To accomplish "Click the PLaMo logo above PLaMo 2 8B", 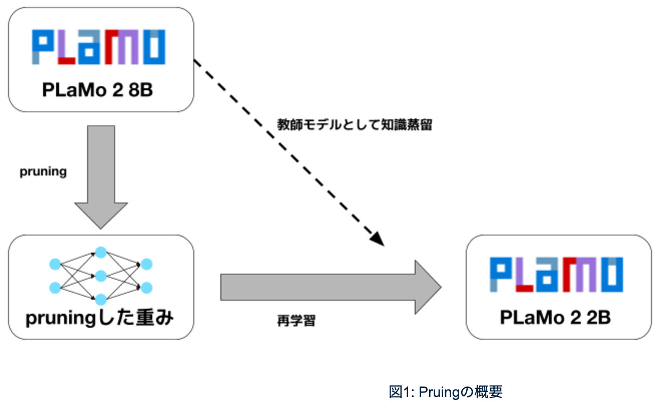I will (x=99, y=47).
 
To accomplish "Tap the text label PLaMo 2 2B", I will (x=555, y=318).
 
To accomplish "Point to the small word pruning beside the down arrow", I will (x=43, y=172).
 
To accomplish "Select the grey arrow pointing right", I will (x=331, y=287).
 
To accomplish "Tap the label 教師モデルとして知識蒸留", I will (x=355, y=125).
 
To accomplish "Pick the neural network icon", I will (x=101, y=276).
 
